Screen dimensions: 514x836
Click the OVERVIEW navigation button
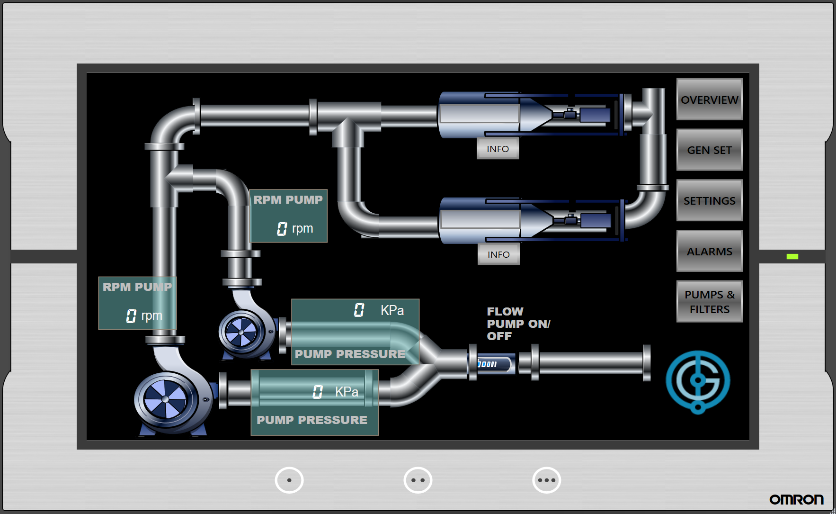pyautogui.click(x=709, y=99)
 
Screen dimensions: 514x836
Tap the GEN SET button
pyautogui.click(x=709, y=150)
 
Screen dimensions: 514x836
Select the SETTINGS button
pyautogui.click(x=709, y=200)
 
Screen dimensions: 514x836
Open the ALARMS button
pyautogui.click(x=709, y=251)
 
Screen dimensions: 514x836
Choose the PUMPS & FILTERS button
pyautogui.click(x=709, y=301)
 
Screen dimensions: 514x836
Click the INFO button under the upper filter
pyautogui.click(x=498, y=149)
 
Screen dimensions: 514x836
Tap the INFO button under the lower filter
pyautogui.click(x=498, y=254)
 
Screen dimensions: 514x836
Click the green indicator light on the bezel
pyautogui.click(x=792, y=256)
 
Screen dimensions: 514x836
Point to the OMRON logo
pyautogui.click(x=796, y=499)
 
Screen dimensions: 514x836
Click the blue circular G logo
pyautogui.click(x=698, y=381)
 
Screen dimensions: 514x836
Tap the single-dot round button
pyautogui.click(x=289, y=480)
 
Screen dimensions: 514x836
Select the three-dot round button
pyautogui.click(x=546, y=480)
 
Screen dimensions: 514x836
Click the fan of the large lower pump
pyautogui.click(x=165, y=399)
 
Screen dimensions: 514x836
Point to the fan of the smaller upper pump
pyautogui.click(x=241, y=332)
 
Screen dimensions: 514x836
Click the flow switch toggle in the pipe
pyautogui.click(x=493, y=364)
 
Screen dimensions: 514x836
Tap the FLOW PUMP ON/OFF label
pyautogui.click(x=518, y=324)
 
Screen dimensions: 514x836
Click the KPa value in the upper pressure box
pyautogui.click(x=359, y=310)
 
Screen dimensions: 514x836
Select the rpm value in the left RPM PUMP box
pyautogui.click(x=131, y=316)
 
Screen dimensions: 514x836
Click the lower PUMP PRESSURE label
pyautogui.click(x=311, y=420)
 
